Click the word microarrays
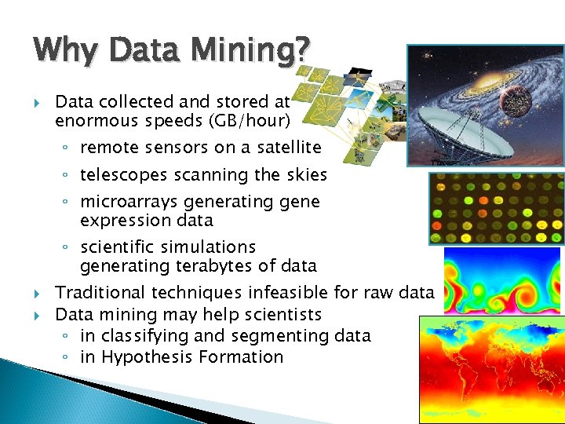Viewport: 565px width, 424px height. click(x=133, y=202)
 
